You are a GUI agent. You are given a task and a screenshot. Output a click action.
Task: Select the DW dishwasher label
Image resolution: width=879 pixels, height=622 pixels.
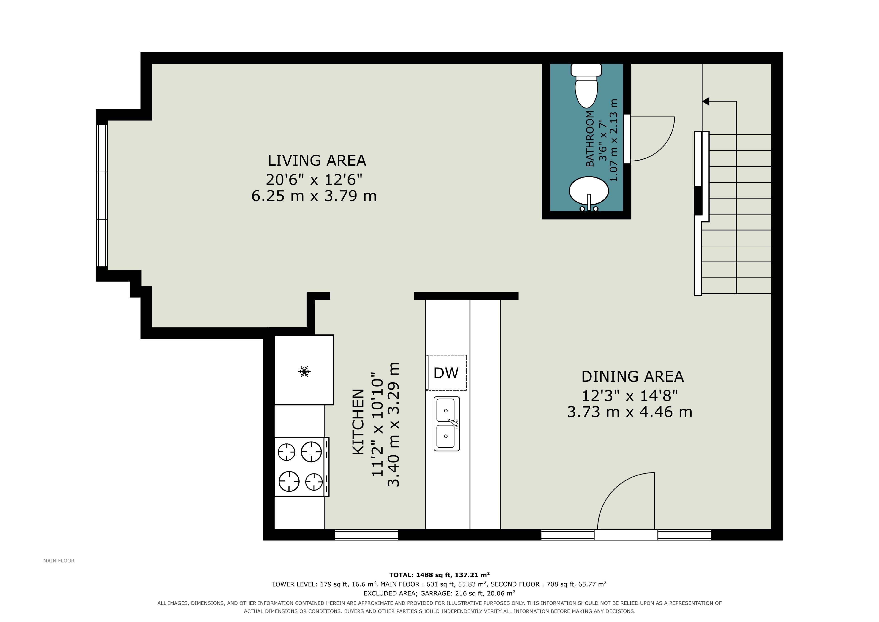pyautogui.click(x=446, y=373)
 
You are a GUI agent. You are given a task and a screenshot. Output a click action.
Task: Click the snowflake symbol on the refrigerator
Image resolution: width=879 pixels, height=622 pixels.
pyautogui.click(x=304, y=371)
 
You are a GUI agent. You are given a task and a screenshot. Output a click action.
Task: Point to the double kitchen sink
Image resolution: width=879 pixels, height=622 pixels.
pyautogui.click(x=447, y=424)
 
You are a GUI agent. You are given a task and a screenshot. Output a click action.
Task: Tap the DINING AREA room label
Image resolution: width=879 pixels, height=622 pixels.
pyautogui.click(x=632, y=376)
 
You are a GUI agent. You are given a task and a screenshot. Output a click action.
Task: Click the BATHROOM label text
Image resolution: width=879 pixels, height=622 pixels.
pyautogui.click(x=590, y=139)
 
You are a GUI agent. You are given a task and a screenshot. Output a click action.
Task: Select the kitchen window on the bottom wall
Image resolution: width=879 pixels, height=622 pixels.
pyautogui.click(x=367, y=535)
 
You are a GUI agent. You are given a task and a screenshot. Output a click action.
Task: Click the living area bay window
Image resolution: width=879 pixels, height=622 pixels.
pyautogui.click(x=102, y=195)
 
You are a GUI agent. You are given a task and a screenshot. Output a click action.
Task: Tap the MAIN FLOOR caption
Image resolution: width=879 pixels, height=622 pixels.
pyautogui.click(x=59, y=561)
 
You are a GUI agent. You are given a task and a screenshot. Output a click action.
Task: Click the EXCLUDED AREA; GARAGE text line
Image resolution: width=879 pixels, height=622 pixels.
pyautogui.click(x=439, y=593)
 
